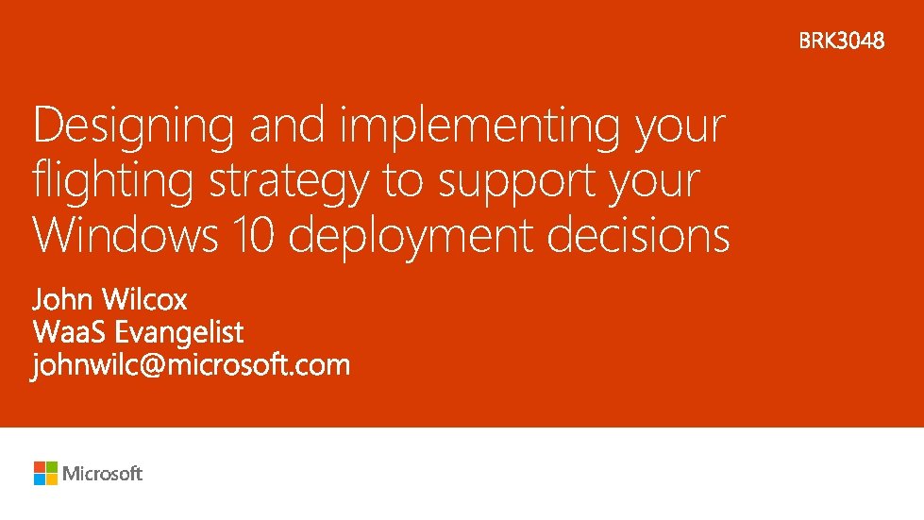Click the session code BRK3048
click(x=842, y=41)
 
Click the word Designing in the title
click(x=133, y=127)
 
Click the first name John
click(x=62, y=300)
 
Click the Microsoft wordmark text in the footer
click(x=103, y=474)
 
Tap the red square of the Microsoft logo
click(x=40, y=467)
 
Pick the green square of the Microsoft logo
click(x=52, y=467)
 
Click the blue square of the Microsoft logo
click(x=40, y=479)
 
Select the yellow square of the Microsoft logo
click(x=52, y=479)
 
